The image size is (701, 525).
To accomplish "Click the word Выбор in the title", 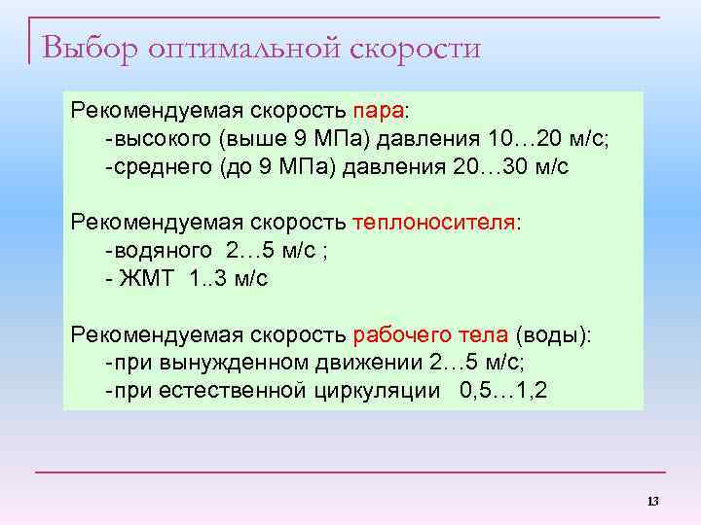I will (90, 47).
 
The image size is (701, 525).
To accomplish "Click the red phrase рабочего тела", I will (429, 335).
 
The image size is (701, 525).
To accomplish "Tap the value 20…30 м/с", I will (510, 165).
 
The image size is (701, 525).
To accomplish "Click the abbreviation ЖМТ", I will (146, 279).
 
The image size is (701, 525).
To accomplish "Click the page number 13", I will (651, 501).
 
